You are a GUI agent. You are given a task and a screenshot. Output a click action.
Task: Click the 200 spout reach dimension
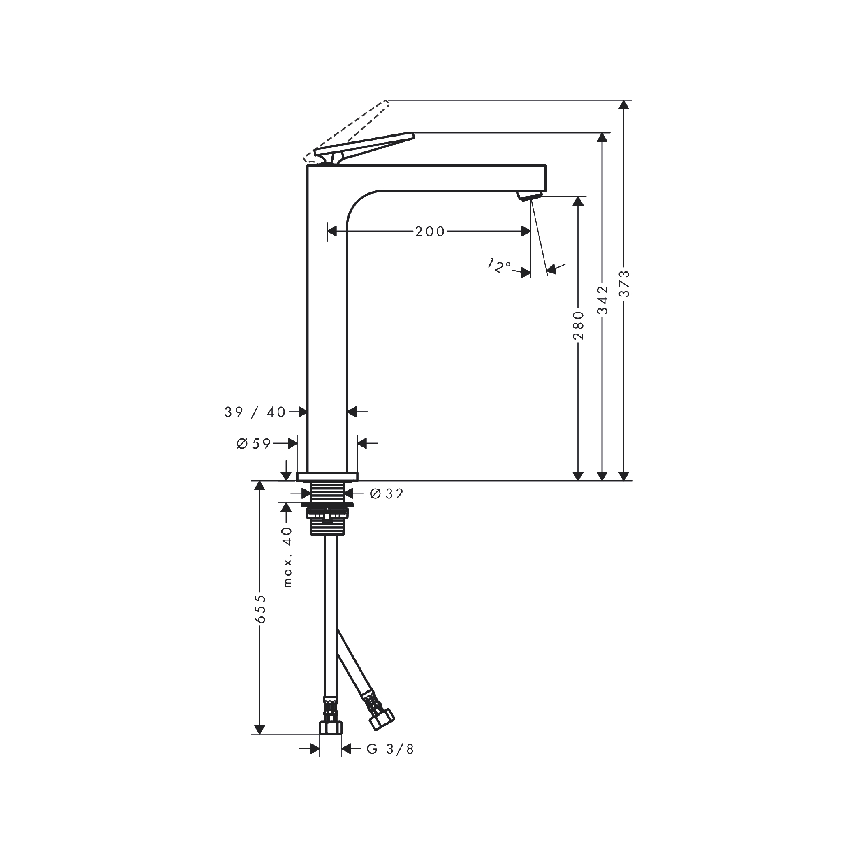[x=429, y=231]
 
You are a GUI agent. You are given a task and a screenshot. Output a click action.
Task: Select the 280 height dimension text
[x=578, y=325]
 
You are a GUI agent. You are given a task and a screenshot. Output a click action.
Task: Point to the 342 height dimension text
[x=602, y=300]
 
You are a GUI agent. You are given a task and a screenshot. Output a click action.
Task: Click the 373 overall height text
[x=624, y=284]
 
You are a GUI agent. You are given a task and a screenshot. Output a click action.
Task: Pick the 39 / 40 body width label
[x=255, y=412]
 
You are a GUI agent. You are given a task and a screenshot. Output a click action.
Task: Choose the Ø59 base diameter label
[x=253, y=443]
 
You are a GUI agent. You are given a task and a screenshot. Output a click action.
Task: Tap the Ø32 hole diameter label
[x=387, y=493]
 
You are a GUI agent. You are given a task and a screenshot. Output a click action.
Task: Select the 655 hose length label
[x=260, y=609]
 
